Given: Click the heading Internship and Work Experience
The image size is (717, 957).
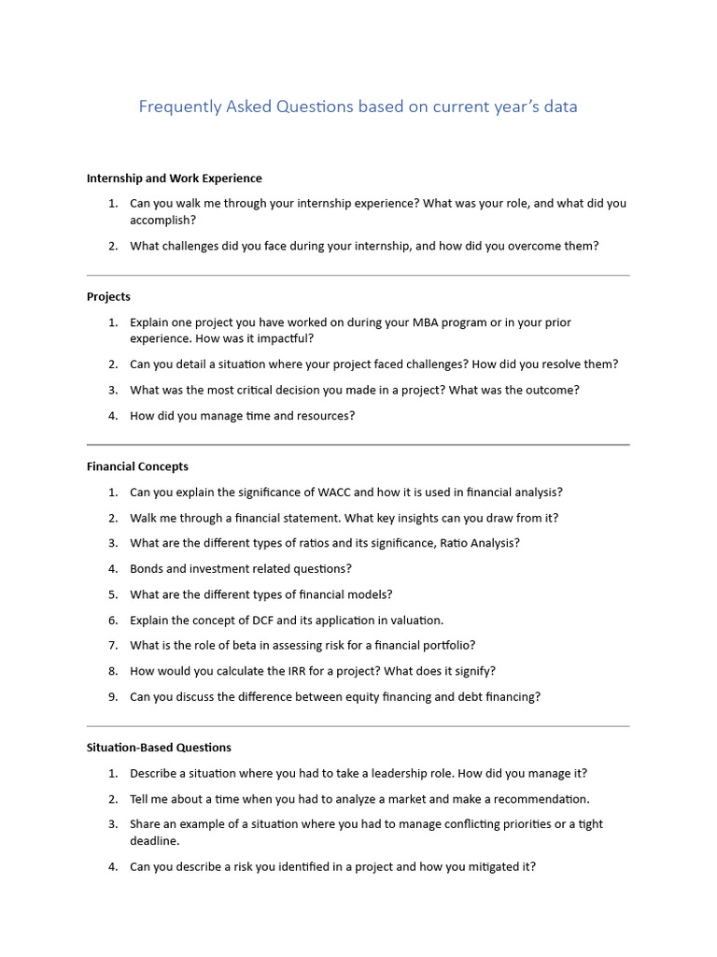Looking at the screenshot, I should (x=174, y=178).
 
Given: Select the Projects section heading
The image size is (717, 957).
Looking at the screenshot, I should (x=108, y=296).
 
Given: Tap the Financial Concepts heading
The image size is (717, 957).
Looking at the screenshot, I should (x=137, y=466).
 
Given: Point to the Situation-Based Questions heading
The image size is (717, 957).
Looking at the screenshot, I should (x=159, y=748).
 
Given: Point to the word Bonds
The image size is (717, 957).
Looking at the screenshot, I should (x=148, y=568).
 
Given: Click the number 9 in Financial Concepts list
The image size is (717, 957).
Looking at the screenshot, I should (x=112, y=696).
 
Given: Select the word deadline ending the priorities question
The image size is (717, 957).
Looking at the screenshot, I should (x=154, y=841).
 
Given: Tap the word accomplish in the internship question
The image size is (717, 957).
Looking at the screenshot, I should (x=161, y=221).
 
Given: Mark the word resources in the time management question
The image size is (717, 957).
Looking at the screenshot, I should (x=323, y=416).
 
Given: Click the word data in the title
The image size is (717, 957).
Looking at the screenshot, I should (x=561, y=107).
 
